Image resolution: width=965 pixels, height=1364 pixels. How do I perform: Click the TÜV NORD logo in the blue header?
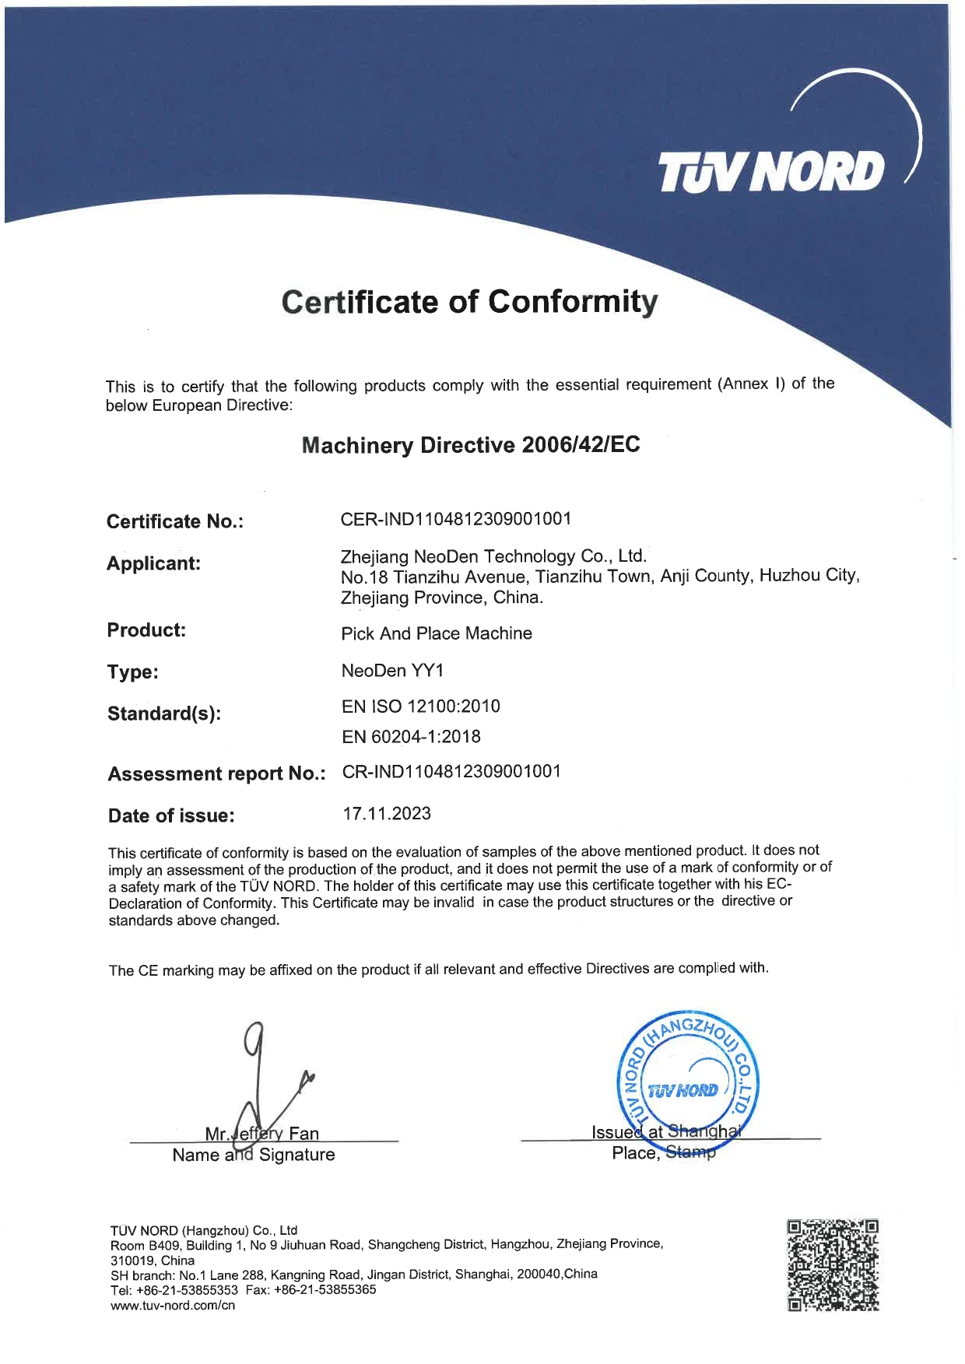click(771, 172)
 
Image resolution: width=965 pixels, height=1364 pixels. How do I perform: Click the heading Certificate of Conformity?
click(469, 302)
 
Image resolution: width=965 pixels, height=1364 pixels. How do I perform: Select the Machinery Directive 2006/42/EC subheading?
click(470, 445)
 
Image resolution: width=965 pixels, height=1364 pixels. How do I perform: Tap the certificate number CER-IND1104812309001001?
click(456, 519)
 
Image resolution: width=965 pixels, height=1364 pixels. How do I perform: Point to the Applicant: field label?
click(153, 563)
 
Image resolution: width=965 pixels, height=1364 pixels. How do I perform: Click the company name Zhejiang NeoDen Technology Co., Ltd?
click(493, 556)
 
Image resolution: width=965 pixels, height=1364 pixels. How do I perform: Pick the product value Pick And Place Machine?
click(437, 633)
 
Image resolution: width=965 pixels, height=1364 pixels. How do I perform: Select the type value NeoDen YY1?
click(392, 670)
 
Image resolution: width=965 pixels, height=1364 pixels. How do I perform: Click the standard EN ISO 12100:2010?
click(420, 707)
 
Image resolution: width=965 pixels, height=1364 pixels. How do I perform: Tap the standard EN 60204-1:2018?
click(411, 736)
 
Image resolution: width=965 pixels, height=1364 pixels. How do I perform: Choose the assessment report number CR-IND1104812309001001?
click(451, 772)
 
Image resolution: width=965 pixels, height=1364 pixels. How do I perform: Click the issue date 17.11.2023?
click(387, 814)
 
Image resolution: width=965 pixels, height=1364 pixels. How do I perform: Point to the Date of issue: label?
click(171, 816)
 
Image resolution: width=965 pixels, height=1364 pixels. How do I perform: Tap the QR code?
click(833, 1265)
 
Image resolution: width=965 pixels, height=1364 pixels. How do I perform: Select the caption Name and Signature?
click(254, 1155)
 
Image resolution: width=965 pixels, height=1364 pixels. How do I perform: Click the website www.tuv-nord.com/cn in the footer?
click(173, 1306)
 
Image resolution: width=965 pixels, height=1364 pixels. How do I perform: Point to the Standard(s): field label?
click(164, 714)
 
